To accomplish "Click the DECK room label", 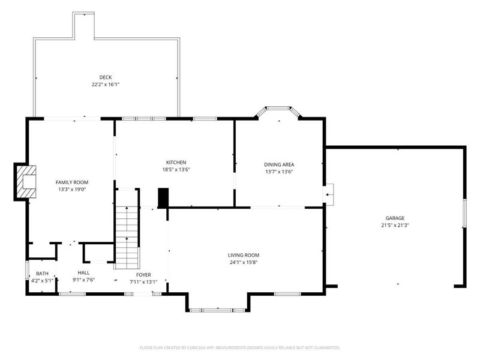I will [x=106, y=77].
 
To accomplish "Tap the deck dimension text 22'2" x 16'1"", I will [x=106, y=85].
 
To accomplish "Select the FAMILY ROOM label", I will [x=72, y=182].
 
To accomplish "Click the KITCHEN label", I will [x=176, y=162].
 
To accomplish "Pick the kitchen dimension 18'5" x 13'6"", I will [x=176, y=170].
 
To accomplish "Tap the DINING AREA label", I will [x=279, y=164].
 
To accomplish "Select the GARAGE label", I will [x=395, y=218].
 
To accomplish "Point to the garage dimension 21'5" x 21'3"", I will [x=395, y=226].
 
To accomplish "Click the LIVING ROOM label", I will [x=244, y=254].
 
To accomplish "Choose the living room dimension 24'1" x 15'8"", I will [x=244, y=262].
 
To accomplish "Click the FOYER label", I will [x=143, y=274].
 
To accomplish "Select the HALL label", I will [x=83, y=272].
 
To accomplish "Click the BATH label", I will [x=42, y=273].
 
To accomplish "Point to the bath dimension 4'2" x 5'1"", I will [x=42, y=280].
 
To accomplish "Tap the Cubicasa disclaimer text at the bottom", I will [x=240, y=347].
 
